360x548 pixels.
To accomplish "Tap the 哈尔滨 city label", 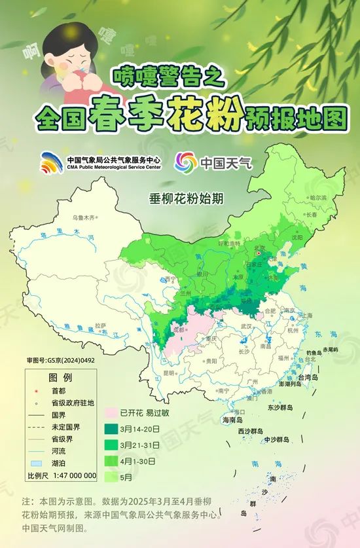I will [317, 197].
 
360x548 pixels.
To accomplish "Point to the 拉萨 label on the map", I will [100, 325].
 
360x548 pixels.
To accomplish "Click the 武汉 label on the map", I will [247, 325].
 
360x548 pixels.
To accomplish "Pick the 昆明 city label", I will [169, 373].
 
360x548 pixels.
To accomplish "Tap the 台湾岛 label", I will [307, 378].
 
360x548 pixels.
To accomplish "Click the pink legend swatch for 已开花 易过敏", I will [108, 413].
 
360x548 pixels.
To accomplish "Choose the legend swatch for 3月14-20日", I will [108, 428].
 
